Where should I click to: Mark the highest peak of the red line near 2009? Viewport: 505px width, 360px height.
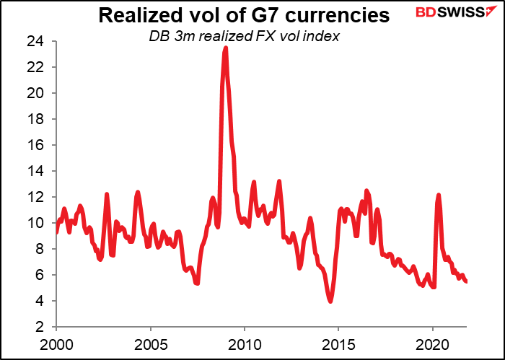226,48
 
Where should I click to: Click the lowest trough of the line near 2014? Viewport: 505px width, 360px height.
330,301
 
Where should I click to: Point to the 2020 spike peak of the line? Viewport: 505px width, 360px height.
438,195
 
